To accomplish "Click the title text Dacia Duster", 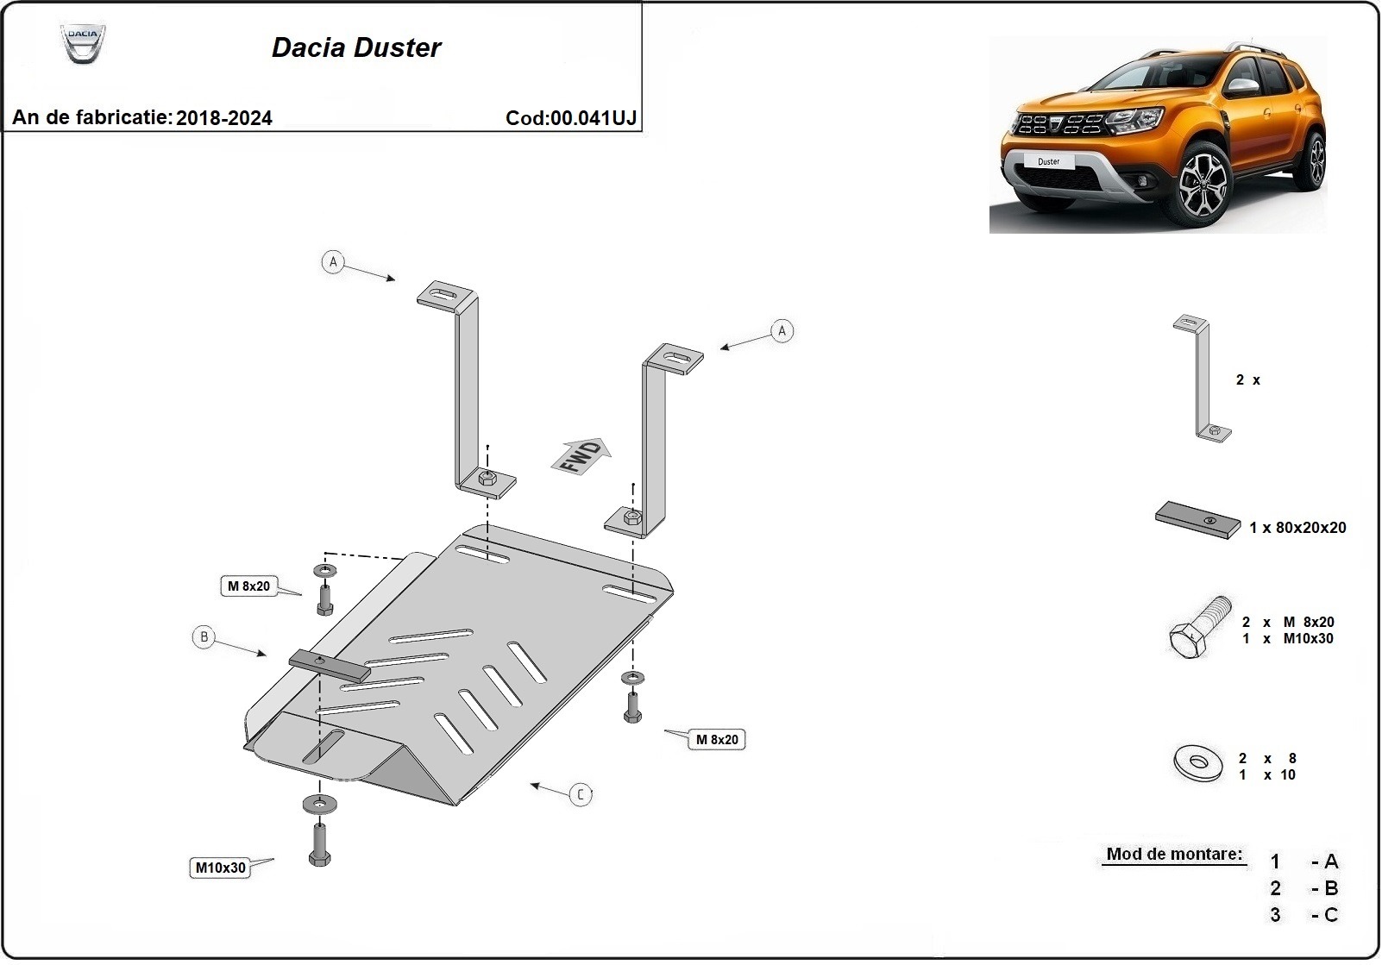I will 356,48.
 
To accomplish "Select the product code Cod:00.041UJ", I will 571,119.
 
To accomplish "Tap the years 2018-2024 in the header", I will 224,119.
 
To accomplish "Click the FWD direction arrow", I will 582,455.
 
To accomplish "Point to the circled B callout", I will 204,638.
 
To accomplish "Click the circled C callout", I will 581,794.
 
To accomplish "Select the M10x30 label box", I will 220,868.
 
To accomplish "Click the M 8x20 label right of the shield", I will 717,740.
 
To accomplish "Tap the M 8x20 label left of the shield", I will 248,586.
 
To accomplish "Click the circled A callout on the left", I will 333,262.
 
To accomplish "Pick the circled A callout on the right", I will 782,331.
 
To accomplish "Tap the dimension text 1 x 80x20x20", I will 1297,528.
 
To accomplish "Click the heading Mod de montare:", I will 1174,855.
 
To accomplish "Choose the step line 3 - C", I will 1303,916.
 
